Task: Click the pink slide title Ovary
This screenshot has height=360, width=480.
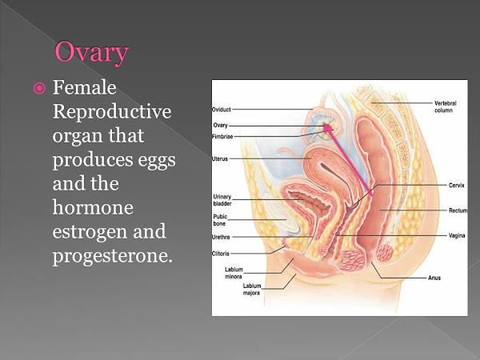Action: click(91, 53)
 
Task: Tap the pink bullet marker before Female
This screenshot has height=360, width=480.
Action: click(39, 89)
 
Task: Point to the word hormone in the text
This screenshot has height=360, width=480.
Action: click(93, 207)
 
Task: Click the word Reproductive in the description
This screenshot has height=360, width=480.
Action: click(112, 112)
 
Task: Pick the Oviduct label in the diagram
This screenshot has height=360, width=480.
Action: click(222, 110)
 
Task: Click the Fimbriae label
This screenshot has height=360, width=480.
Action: click(222, 137)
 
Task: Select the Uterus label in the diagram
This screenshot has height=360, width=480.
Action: click(220, 159)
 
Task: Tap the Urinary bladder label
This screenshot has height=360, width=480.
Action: click(222, 200)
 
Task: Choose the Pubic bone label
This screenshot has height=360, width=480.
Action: click(220, 220)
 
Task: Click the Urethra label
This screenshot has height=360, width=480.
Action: click(221, 237)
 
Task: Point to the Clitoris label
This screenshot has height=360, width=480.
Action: click(221, 254)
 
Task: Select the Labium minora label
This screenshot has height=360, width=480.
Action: click(234, 273)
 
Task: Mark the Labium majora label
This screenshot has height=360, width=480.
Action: click(252, 290)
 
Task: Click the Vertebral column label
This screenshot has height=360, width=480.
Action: click(446, 107)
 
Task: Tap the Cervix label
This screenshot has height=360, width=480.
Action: click(457, 186)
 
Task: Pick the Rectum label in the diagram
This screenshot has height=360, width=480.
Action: click(458, 210)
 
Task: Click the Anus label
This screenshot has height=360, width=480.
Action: click(434, 278)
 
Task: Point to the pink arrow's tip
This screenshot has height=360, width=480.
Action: click(325, 124)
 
